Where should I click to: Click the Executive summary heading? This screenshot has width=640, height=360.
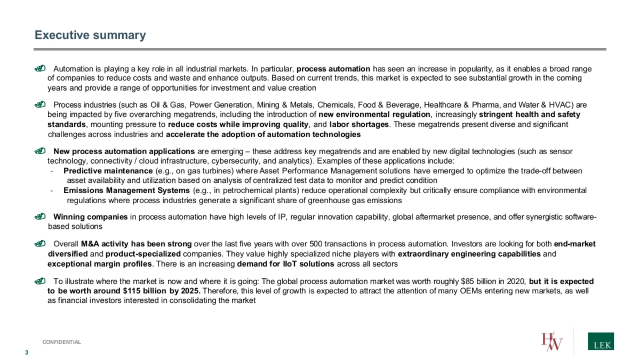tap(90, 35)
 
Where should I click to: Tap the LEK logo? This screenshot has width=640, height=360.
tap(600, 341)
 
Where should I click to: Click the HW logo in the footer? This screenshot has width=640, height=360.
tap(551, 341)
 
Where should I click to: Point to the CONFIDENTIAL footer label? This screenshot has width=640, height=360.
tap(62, 342)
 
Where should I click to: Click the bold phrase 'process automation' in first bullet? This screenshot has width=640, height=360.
tap(333, 69)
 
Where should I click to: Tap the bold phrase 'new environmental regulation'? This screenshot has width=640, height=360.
tap(374, 115)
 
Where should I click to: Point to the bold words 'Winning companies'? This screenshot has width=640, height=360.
tap(91, 217)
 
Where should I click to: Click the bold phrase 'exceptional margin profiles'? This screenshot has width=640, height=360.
tap(100, 264)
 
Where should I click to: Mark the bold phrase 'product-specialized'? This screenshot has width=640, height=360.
tap(143, 254)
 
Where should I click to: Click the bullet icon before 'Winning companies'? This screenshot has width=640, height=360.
tap(40, 217)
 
